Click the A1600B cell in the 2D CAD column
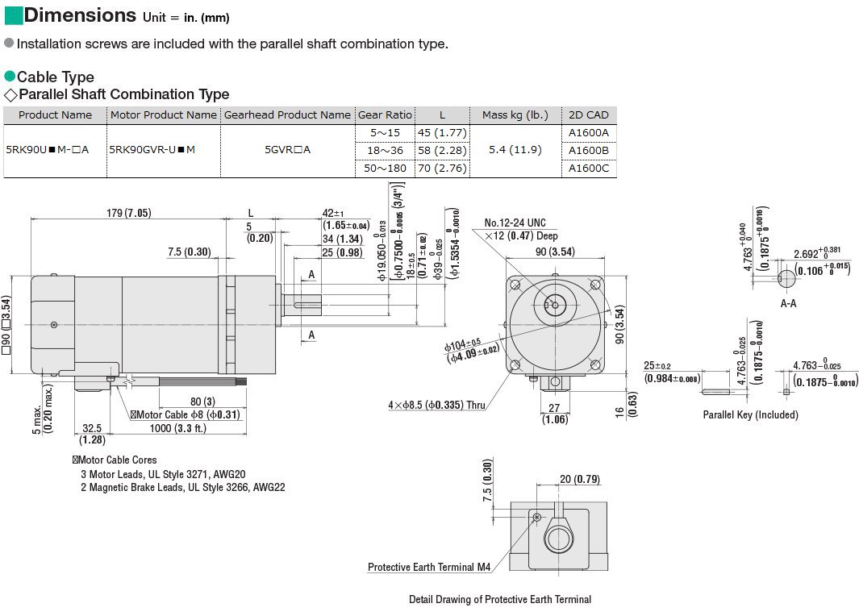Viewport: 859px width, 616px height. [588, 150]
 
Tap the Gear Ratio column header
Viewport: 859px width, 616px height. [385, 114]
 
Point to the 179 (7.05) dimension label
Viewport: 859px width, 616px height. [127, 213]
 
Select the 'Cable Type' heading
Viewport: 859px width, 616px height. [55, 77]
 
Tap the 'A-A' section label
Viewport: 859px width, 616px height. [788, 303]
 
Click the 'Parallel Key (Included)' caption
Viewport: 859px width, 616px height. [750, 414]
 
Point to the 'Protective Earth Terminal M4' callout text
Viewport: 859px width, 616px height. [428, 568]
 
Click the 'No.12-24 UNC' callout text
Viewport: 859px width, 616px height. [515, 223]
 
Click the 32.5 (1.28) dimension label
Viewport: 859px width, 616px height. [92, 434]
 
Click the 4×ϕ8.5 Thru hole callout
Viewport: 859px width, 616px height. [436, 405]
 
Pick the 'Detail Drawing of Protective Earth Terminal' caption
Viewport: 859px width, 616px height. [499, 599]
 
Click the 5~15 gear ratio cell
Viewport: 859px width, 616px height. [385, 132]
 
